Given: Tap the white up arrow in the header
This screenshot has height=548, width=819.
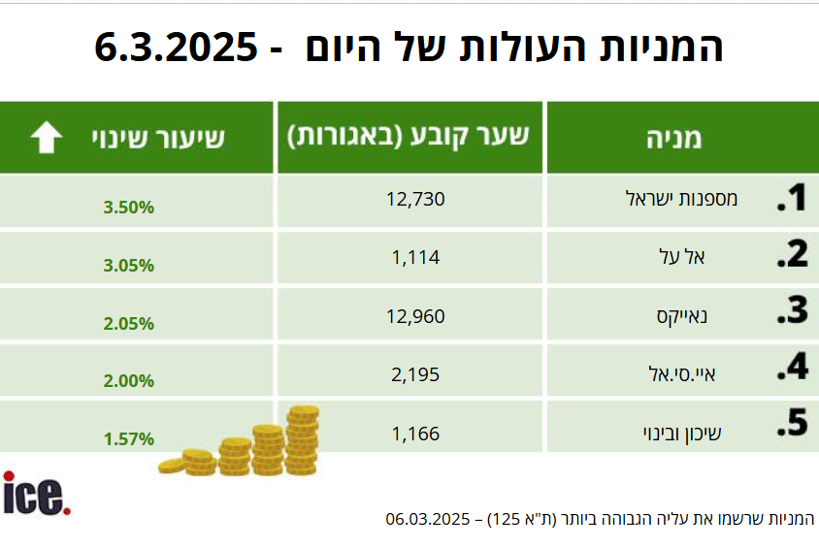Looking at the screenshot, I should [x=46, y=138].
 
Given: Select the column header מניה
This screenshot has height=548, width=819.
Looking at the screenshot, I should [x=673, y=138].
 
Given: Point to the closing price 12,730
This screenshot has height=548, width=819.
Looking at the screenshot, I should [x=414, y=201].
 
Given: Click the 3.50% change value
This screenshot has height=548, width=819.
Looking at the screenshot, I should [x=128, y=208].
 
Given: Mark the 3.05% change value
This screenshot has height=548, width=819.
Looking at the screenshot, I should [x=128, y=265].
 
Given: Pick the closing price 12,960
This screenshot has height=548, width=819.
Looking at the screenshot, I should [x=414, y=314].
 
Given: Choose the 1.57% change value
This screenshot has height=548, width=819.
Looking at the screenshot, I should [x=128, y=438].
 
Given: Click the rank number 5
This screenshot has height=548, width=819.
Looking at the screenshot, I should [x=793, y=425].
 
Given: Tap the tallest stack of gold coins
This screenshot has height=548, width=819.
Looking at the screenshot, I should [x=303, y=440].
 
